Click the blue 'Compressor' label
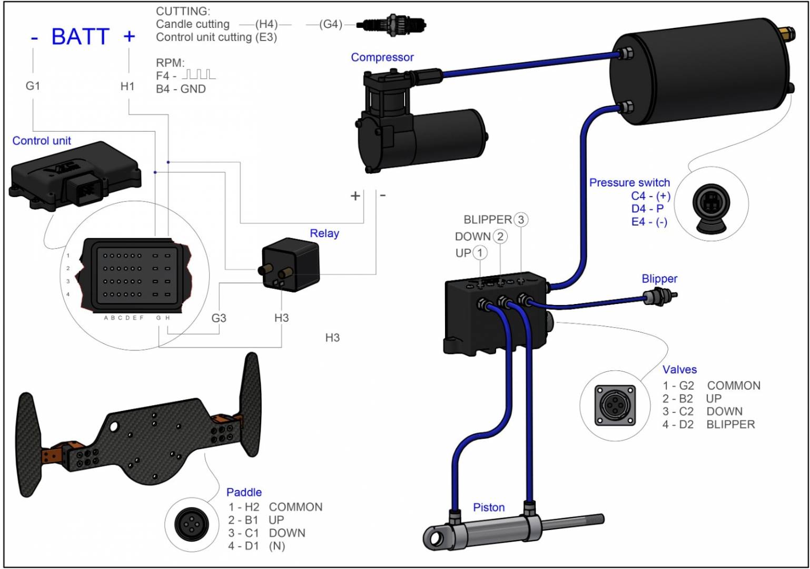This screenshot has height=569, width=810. pos(382,57)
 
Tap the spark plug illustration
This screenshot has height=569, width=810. pos(391,25)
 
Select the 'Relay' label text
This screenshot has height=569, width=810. pos(324,233)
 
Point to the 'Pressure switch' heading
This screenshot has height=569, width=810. pos(629,183)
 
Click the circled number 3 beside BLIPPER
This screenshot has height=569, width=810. pos(521,220)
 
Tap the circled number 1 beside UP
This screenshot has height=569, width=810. pos(480,253)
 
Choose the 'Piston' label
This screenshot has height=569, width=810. pos(488,507)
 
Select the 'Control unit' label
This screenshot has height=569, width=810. pos(42,141)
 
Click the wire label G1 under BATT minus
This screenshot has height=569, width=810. pos(33,85)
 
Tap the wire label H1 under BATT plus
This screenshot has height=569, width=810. pos(127,86)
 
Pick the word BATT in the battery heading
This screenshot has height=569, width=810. pos(80,37)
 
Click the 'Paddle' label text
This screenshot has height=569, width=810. pos(244,492)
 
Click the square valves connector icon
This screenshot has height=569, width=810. pos(615,405)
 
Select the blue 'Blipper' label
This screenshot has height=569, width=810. pos(659,279)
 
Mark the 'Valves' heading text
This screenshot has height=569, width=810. pos(679,369)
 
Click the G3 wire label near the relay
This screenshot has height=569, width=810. pos(219,318)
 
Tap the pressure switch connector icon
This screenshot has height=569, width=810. pos(711,203)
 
